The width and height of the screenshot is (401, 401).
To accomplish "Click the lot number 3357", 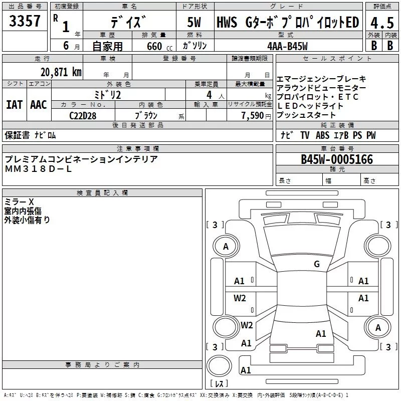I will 25,21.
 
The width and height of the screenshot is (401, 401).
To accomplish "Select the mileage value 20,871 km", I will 61,72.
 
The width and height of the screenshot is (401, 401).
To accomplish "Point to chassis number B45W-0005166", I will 337,159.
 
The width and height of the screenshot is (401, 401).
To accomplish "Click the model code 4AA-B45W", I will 288,46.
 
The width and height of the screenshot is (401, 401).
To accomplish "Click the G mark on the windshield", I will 317,264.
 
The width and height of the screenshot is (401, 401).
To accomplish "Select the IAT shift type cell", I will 14,105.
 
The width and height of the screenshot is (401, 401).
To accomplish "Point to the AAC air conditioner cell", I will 39,105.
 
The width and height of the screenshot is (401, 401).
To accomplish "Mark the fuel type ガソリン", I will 195,46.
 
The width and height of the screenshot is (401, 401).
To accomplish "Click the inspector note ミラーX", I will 19,202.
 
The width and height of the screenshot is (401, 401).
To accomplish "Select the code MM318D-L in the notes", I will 38,169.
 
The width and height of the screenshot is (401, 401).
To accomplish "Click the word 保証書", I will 17,135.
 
